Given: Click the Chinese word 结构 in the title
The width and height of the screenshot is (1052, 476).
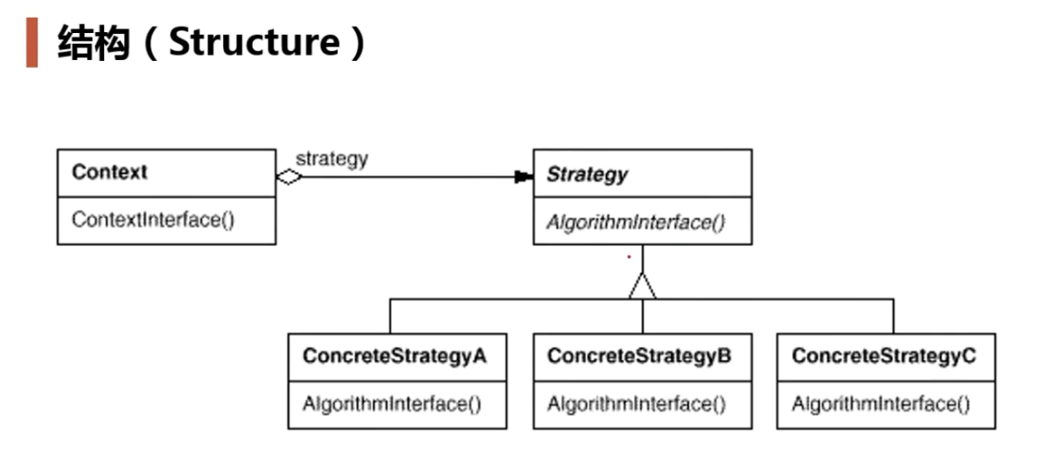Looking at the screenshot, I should [x=93, y=43].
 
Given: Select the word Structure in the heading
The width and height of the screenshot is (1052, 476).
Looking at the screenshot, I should [x=253, y=42].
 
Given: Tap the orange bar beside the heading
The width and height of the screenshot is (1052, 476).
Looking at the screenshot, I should [x=32, y=42].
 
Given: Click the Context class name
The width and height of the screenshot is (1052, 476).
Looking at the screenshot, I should [x=109, y=172].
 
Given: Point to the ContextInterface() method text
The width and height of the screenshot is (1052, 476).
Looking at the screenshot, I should [x=153, y=220].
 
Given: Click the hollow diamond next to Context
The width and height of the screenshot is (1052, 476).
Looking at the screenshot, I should [x=289, y=177].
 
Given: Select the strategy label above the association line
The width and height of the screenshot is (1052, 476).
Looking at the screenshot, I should [x=331, y=159].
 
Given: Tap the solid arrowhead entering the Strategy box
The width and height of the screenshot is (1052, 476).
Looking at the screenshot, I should [x=523, y=177].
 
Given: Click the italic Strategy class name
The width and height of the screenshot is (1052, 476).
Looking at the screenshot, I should [x=586, y=175].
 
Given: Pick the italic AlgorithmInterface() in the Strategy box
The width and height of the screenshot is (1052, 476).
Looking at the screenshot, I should [x=635, y=223].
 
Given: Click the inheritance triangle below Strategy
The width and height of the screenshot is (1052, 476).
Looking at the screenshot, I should [x=642, y=287].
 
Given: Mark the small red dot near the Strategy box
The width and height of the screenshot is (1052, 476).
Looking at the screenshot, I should [x=629, y=256].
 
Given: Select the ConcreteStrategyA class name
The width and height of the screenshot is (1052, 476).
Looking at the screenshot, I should [x=394, y=355].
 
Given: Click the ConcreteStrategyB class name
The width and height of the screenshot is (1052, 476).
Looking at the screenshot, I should [x=639, y=355].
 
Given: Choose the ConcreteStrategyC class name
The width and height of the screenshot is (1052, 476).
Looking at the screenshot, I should [x=883, y=355].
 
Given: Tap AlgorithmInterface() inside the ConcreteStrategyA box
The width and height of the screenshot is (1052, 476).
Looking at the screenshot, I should [x=392, y=404].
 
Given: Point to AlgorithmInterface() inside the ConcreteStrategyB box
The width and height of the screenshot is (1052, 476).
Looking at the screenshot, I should [x=636, y=404].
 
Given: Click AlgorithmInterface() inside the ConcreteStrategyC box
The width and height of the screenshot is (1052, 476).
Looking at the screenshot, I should [x=880, y=404].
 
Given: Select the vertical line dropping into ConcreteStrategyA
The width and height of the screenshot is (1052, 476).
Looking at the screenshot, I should [x=390, y=315].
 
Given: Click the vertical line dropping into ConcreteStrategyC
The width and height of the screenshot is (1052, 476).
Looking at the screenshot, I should [x=893, y=315].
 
